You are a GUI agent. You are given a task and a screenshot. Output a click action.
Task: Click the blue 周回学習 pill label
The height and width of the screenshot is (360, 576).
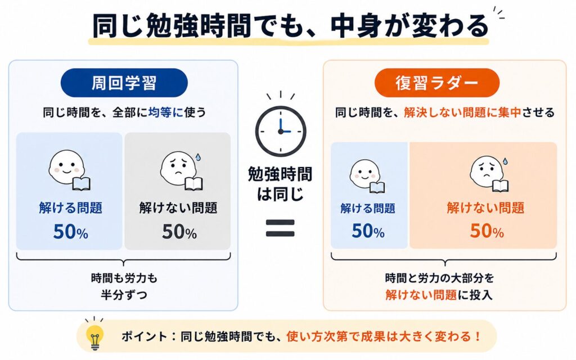pos(124,83)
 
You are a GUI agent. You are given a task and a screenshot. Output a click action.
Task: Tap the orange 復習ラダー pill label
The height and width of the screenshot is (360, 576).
pos(436,83)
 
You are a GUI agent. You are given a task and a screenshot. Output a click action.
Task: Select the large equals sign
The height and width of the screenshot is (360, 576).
pos(280,228)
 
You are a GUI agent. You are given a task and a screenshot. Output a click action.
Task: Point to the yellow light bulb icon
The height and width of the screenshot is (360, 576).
pos(94,333)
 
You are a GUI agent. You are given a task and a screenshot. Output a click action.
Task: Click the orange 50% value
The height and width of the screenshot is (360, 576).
pos(487,231)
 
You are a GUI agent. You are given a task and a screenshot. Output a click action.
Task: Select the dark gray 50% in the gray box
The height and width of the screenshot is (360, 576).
pos(179,232)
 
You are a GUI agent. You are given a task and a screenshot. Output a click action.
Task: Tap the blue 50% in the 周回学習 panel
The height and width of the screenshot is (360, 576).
pos(70,232)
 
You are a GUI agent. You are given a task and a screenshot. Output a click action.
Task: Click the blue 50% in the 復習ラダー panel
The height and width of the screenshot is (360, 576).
pos(368,231)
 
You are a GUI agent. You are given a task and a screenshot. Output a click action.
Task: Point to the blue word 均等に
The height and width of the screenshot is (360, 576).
pos(166,112)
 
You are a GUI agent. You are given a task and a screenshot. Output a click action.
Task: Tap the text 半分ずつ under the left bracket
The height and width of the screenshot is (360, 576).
pos(124,295)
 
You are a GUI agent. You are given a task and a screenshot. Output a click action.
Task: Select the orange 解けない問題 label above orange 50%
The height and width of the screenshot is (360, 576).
pos(485,208)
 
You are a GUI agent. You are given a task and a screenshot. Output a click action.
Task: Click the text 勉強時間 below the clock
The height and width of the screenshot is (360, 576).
pos(280,174)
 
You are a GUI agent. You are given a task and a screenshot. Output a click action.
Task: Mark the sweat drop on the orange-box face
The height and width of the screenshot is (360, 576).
pos(506,161)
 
